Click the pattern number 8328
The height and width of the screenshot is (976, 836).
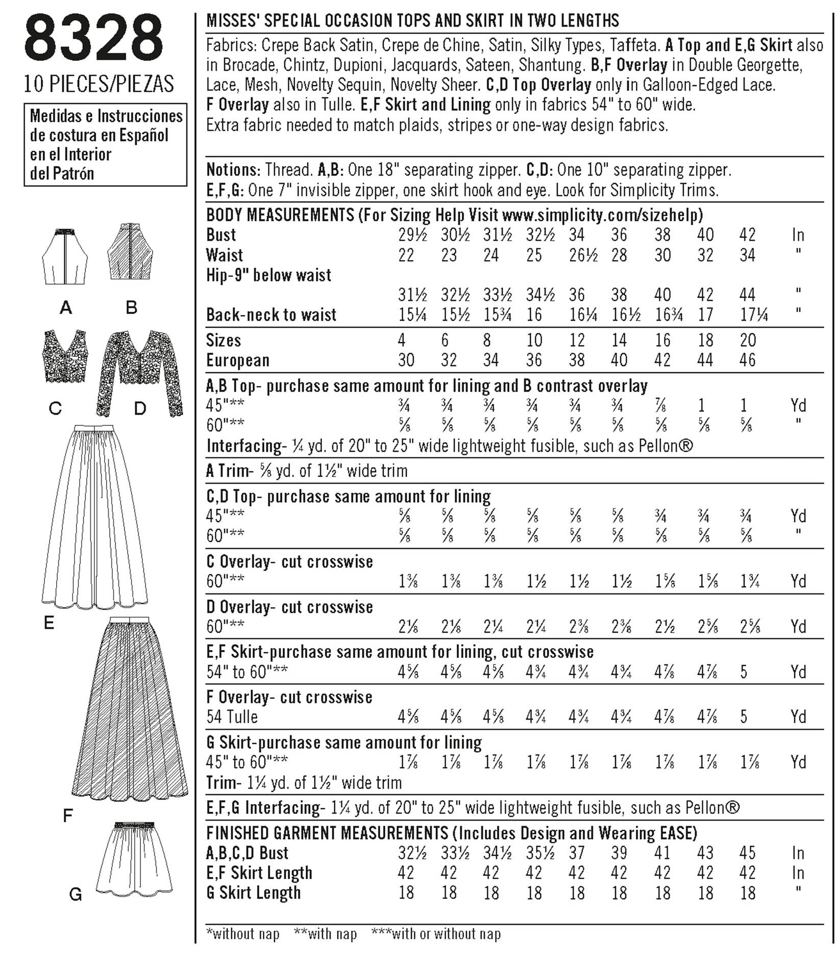tap(94, 39)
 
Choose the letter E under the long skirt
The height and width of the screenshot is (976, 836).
tap(49, 623)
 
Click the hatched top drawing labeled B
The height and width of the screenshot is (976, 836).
tap(132, 252)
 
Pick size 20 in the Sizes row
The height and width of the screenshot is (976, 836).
tap(747, 340)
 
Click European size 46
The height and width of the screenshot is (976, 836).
tap(747, 360)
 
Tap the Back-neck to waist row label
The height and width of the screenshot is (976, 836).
tap(271, 315)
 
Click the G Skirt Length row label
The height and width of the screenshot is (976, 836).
tap(254, 893)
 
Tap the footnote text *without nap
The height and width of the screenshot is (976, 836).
tap(242, 934)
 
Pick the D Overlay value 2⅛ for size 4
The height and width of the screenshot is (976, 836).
tap(408, 626)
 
